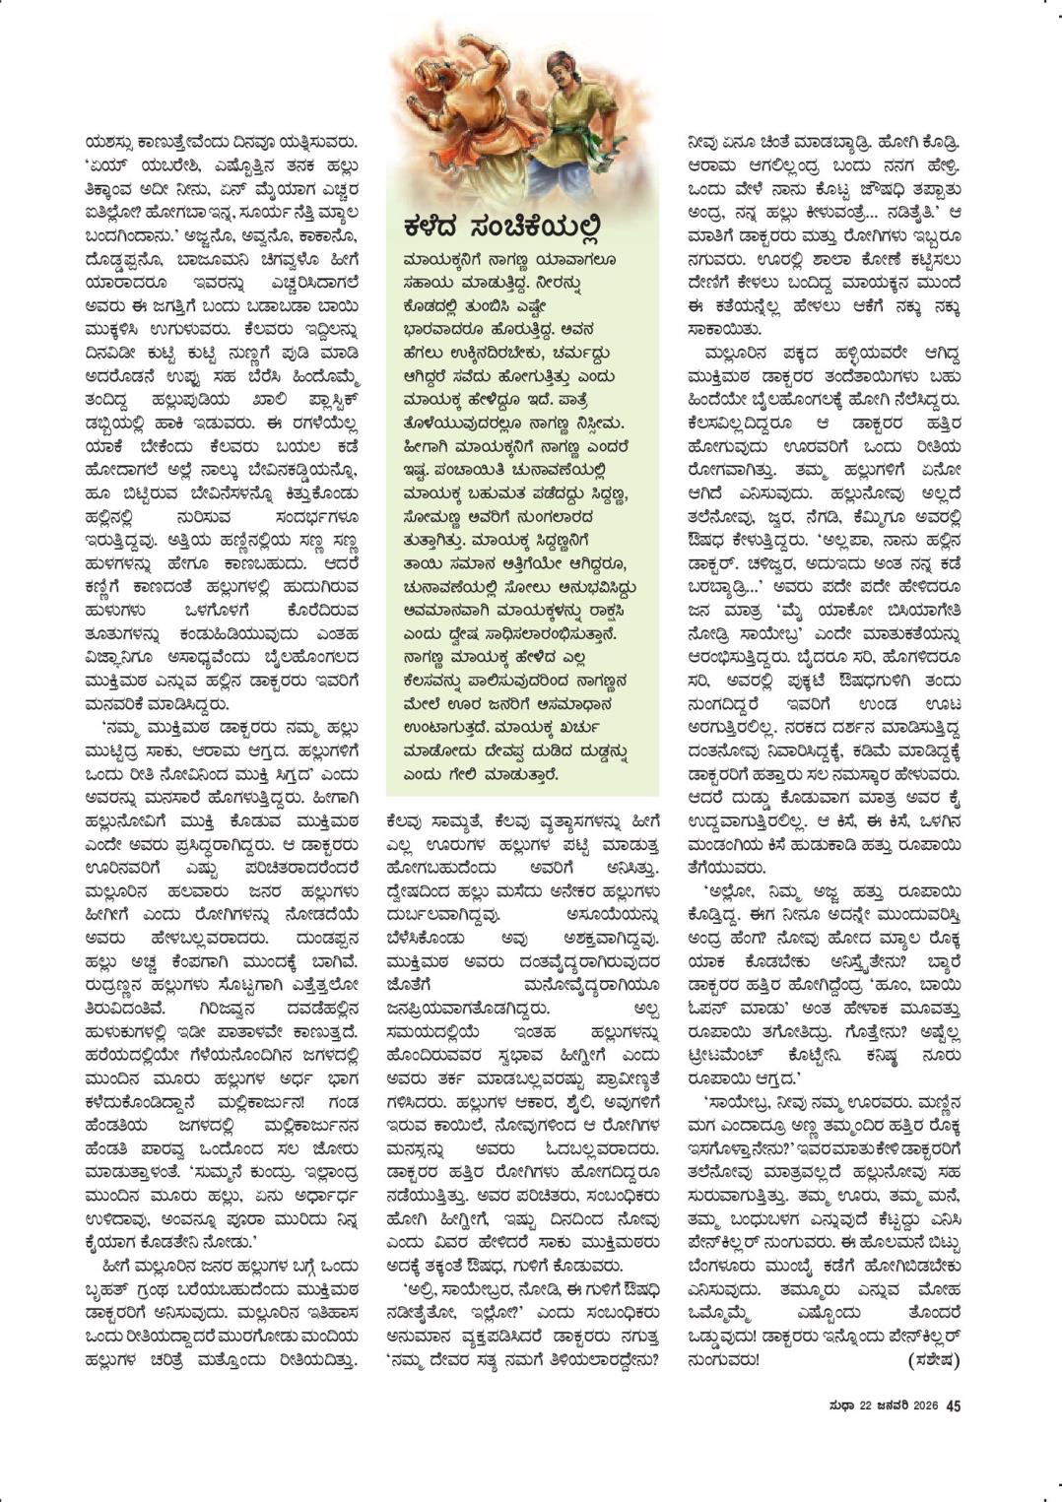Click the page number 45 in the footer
pos(953,1405)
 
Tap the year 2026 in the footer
pos(923,1406)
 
